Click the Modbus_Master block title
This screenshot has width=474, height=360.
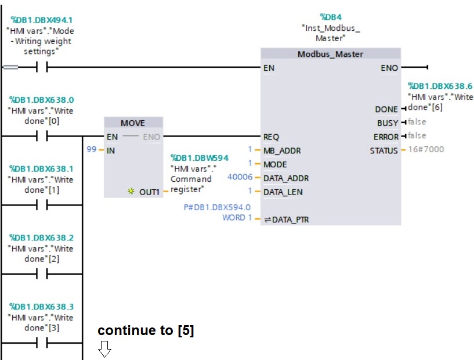(330, 54)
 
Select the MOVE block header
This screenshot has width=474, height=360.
(133, 123)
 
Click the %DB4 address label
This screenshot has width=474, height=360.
(331, 17)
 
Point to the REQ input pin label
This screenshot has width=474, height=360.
(271, 137)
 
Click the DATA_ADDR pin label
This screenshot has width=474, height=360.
(286, 178)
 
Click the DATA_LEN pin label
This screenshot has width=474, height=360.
(284, 192)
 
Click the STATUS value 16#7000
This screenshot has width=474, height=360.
(426, 150)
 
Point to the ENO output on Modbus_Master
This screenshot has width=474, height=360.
(389, 68)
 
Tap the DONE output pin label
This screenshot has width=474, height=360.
(386, 109)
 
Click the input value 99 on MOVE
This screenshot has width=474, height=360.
(91, 149)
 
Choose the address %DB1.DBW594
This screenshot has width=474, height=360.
(199, 158)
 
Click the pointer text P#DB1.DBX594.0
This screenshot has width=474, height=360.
(217, 207)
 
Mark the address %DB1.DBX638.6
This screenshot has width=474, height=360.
(440, 86)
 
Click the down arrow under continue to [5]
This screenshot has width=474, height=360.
(104, 350)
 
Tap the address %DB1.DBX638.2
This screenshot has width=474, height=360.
(41, 237)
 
